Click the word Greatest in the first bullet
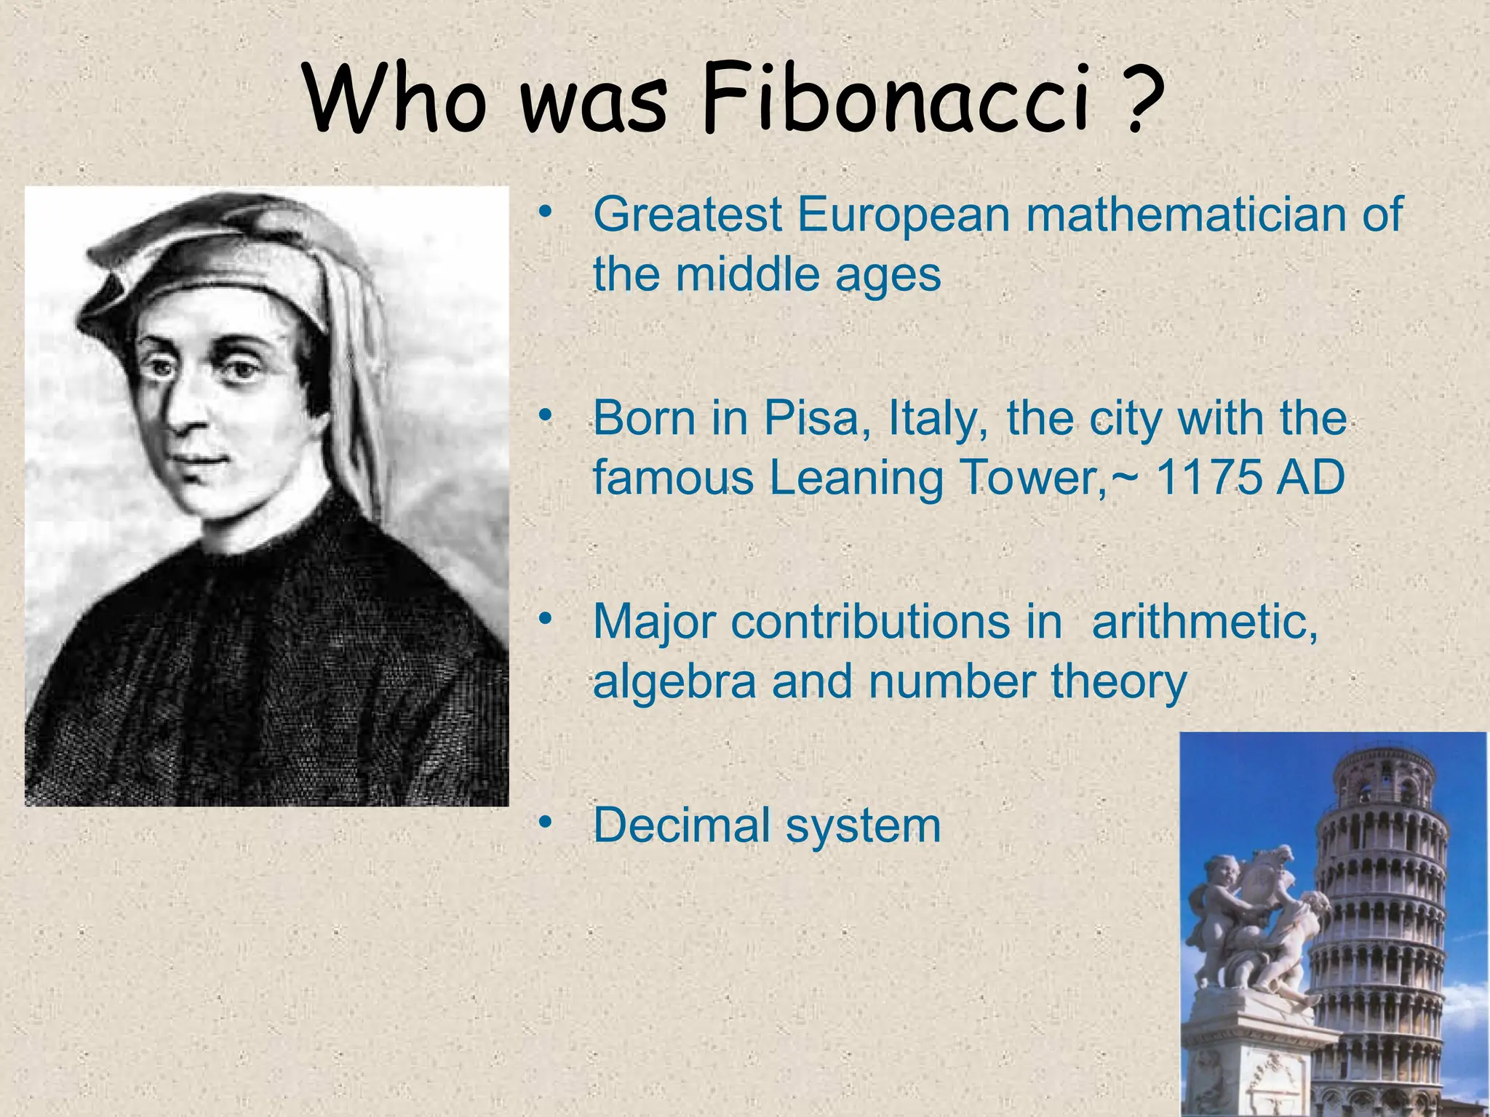(x=688, y=215)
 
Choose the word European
(x=904, y=217)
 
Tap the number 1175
(x=1208, y=478)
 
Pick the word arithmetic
(x=1205, y=623)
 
